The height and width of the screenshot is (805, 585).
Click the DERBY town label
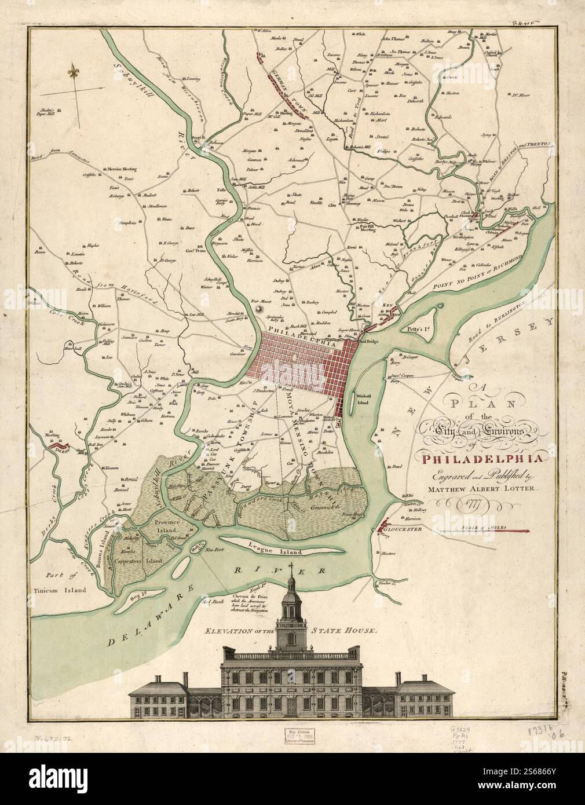[x=60, y=447]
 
